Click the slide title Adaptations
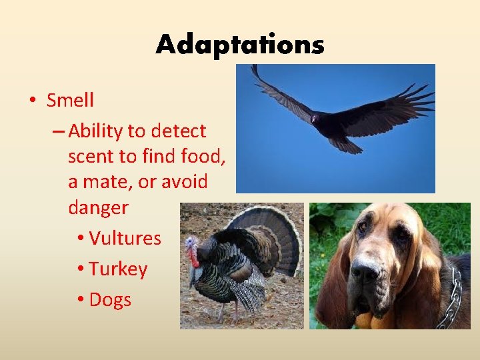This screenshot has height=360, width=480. click(x=240, y=45)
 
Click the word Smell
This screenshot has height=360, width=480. click(x=70, y=101)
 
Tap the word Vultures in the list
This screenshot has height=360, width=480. click(x=125, y=238)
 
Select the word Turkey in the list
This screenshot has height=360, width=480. click(x=118, y=269)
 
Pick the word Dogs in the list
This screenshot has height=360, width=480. click(x=110, y=300)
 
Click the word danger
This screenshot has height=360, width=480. click(x=98, y=207)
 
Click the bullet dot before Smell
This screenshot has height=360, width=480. click(x=32, y=101)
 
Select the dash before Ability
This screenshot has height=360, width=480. click(x=58, y=131)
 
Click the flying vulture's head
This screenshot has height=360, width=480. click(x=314, y=119)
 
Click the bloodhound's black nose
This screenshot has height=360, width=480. click(x=365, y=270)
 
